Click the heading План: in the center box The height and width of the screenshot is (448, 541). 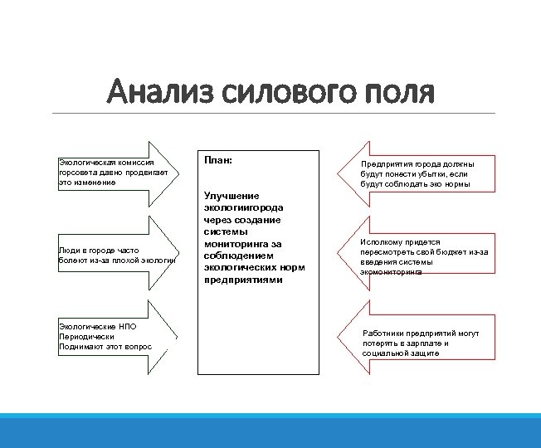[217, 158]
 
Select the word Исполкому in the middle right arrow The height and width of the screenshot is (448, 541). [383, 242]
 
